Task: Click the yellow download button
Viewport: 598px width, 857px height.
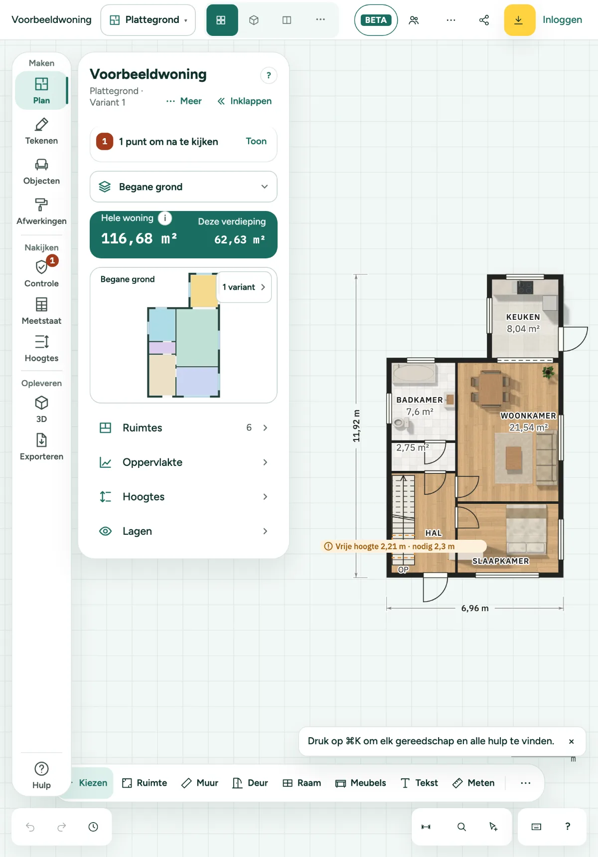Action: coord(519,20)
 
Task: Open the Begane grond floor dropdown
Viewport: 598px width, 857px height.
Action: coord(183,187)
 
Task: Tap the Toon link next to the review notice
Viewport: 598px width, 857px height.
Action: coord(256,141)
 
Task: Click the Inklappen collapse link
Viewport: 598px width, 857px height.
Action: coord(245,101)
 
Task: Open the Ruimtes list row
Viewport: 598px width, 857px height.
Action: coord(183,428)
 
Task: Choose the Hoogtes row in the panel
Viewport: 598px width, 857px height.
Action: coord(183,496)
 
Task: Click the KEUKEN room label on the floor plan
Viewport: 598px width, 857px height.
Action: coord(523,317)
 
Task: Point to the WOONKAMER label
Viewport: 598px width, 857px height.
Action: coord(528,416)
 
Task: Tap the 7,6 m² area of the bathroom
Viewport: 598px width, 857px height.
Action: coord(420,412)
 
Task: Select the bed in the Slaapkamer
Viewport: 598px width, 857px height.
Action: coord(526,529)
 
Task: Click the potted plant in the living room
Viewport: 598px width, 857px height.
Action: coord(548,372)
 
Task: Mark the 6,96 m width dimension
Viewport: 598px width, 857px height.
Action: coord(475,608)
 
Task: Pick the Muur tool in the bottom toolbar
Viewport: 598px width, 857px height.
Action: coord(200,783)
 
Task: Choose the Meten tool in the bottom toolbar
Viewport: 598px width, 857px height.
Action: coord(473,783)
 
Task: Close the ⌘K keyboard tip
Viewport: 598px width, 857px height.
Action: coord(571,741)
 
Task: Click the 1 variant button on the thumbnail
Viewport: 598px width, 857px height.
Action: coord(244,287)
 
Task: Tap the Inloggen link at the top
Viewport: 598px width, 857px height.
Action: coord(562,19)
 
